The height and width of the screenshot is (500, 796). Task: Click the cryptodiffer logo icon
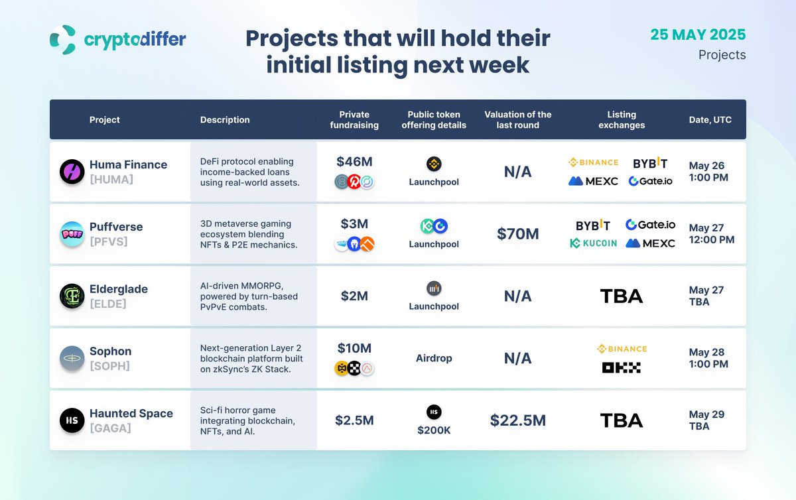click(x=63, y=39)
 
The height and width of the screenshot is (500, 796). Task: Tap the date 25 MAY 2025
click(x=698, y=34)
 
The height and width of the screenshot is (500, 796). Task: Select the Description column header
click(x=225, y=120)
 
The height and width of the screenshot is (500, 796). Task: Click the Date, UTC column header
click(x=710, y=120)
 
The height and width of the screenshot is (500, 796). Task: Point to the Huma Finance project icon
click(x=72, y=172)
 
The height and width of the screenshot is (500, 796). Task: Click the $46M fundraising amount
click(x=354, y=162)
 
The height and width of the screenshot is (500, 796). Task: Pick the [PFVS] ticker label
click(x=108, y=241)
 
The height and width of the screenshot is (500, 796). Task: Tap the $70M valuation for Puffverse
click(x=518, y=234)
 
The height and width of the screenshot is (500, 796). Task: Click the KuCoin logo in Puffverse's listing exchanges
click(x=593, y=243)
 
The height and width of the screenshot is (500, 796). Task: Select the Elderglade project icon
click(x=72, y=296)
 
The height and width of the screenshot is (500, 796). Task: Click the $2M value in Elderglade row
click(x=354, y=296)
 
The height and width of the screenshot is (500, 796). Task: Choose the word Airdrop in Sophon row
click(x=434, y=358)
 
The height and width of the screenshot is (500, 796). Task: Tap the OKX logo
click(x=621, y=367)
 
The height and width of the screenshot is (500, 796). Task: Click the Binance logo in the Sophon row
click(x=622, y=349)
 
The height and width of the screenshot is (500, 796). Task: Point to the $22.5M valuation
click(x=518, y=420)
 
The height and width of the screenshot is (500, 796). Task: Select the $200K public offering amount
click(x=434, y=430)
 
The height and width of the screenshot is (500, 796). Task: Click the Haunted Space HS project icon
click(x=72, y=420)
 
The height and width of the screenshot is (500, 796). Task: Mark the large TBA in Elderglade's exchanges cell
click(x=622, y=296)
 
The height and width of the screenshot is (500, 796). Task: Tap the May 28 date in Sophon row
click(x=706, y=352)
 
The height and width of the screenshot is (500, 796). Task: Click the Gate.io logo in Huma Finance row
click(x=650, y=181)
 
